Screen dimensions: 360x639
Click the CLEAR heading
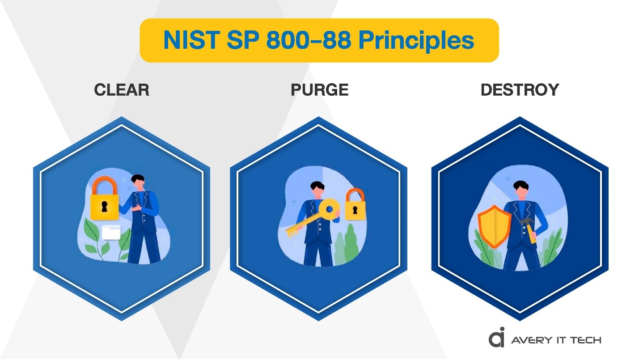[x=121, y=90]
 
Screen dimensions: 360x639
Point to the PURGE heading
[x=319, y=90]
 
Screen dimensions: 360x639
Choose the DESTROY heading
[x=520, y=90]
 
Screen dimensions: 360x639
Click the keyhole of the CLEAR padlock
[x=105, y=207]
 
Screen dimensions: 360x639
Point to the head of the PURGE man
[x=318, y=190]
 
